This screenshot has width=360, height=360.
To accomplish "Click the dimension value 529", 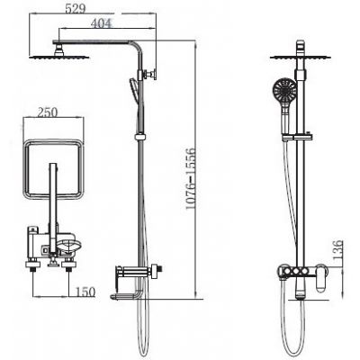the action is (x=76, y=8).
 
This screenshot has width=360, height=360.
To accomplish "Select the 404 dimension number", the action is (x=102, y=23).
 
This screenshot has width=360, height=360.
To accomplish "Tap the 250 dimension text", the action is (x=47, y=112).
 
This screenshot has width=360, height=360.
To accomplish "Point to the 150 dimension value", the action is (x=85, y=292).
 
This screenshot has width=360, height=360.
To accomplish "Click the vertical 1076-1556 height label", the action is (x=190, y=179).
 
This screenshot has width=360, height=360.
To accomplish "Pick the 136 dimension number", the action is (x=337, y=249).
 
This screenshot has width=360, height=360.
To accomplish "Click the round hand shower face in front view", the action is (x=284, y=91).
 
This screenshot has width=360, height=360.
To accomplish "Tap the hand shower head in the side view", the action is (x=135, y=89).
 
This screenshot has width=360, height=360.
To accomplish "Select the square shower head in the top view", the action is (x=53, y=169).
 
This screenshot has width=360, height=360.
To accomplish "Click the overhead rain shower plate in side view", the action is (x=59, y=57).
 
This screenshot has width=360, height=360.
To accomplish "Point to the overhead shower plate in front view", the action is (x=301, y=57).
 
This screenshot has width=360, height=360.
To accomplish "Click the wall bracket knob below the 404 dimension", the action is (x=151, y=74).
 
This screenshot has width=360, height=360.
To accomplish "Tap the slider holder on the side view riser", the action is (x=139, y=137).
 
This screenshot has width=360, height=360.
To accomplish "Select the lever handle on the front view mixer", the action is (x=321, y=277).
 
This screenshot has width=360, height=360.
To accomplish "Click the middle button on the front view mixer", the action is (x=297, y=272).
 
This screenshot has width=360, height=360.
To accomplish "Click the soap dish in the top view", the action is (x=69, y=247).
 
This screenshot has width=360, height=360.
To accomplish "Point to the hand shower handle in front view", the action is (x=285, y=120).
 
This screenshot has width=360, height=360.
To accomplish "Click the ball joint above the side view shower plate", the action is (x=59, y=49).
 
